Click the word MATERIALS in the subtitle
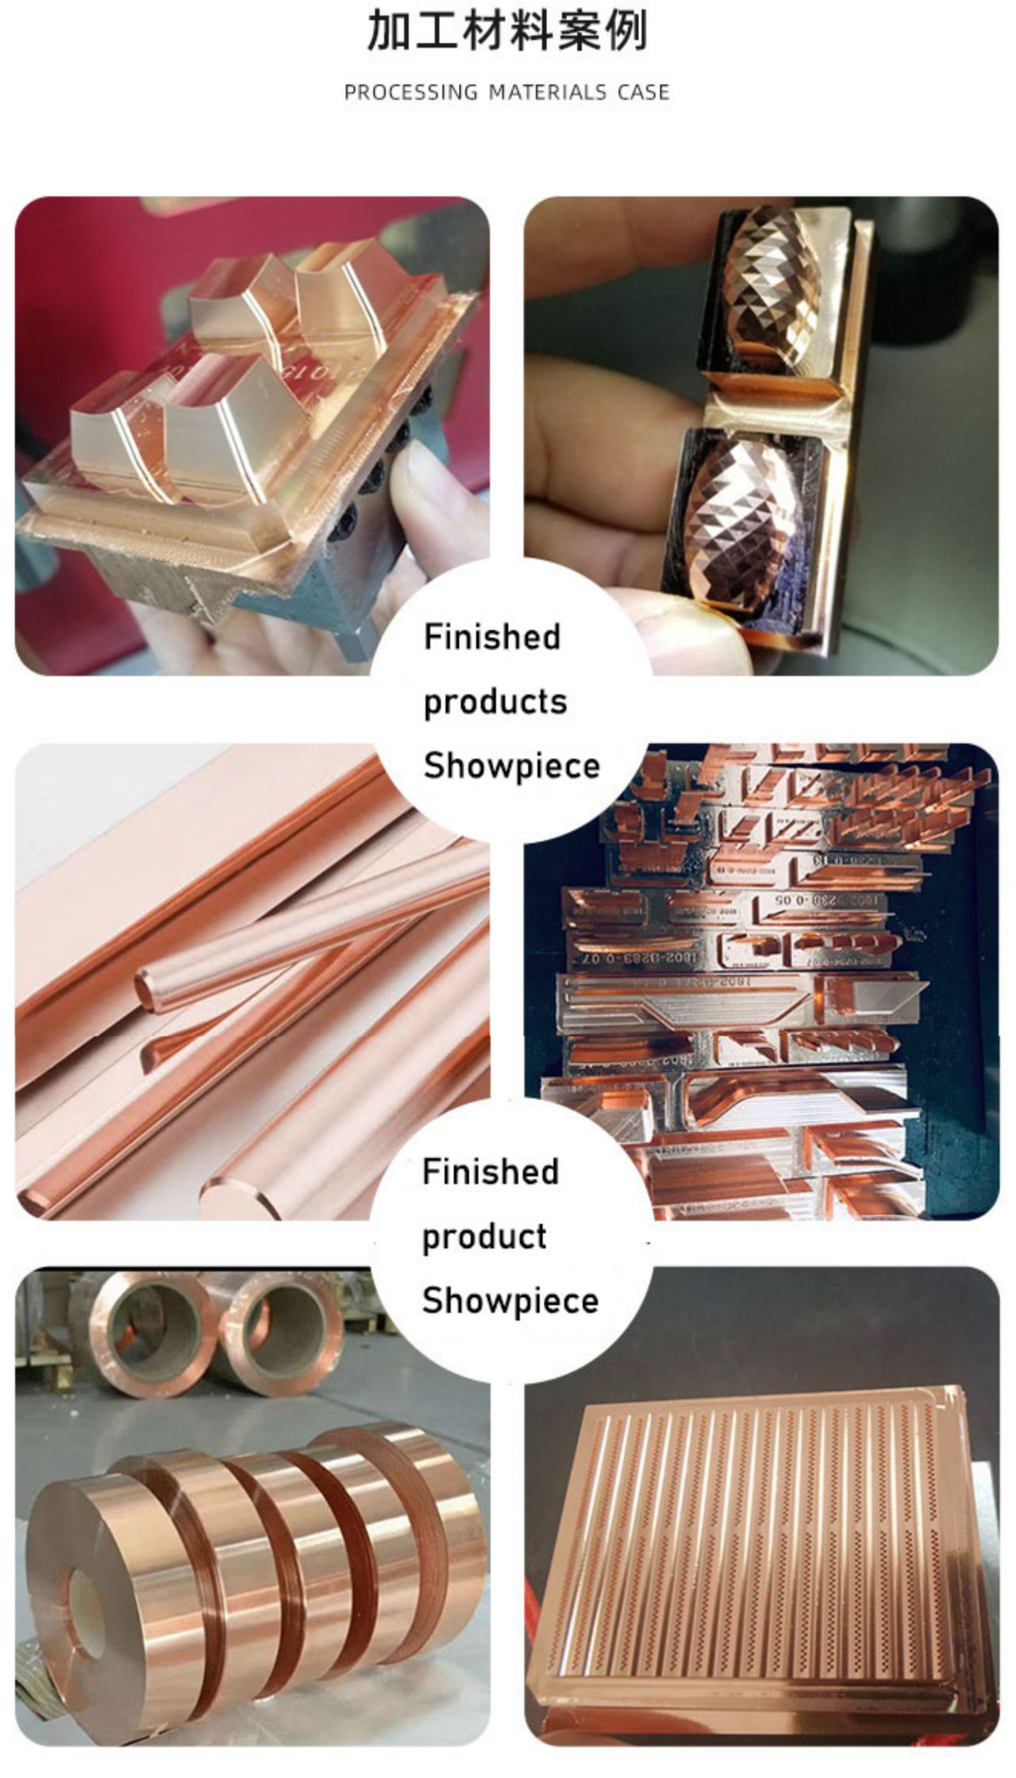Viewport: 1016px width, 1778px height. click(547, 93)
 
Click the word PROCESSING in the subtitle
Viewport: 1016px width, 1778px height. click(411, 93)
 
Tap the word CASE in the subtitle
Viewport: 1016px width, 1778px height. click(644, 93)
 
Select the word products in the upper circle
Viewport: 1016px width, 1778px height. click(495, 702)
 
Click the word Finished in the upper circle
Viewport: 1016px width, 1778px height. click(492, 637)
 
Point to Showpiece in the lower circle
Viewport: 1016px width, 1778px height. click(510, 1301)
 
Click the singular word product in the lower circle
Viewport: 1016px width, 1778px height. click(484, 1237)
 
